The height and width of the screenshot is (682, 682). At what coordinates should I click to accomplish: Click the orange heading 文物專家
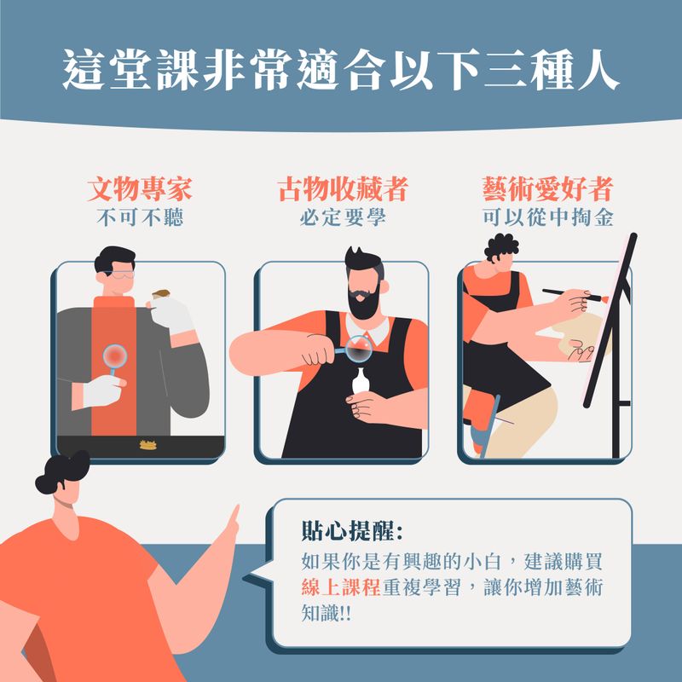(x=140, y=189)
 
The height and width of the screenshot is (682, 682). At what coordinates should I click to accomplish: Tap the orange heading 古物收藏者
(x=343, y=189)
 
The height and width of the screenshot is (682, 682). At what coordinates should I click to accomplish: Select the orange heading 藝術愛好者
(x=547, y=189)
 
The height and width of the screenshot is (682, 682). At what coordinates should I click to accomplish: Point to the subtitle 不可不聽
(x=140, y=217)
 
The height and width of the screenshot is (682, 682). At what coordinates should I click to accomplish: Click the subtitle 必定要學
(x=343, y=217)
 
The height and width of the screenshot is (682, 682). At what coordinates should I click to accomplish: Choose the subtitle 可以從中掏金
(x=547, y=217)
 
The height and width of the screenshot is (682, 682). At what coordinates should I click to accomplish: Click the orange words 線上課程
(x=341, y=587)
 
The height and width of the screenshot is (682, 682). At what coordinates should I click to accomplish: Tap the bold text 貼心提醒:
(x=352, y=530)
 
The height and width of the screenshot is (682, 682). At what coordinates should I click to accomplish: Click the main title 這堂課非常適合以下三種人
(x=341, y=70)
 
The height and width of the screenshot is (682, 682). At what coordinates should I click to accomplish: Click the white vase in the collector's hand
(x=360, y=382)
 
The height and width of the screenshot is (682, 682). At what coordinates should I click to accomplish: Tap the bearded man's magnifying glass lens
(x=359, y=349)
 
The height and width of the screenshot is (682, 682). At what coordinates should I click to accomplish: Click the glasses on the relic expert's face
(x=118, y=274)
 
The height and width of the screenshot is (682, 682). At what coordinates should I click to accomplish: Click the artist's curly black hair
(x=500, y=246)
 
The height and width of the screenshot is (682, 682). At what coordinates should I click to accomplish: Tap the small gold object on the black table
(x=147, y=444)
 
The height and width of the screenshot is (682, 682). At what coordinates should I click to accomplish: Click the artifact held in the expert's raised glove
(x=161, y=294)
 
